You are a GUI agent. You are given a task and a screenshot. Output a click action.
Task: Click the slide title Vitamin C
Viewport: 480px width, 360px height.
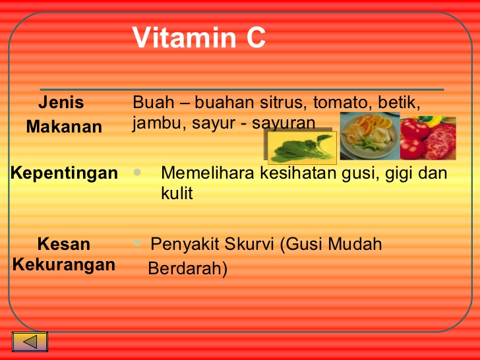point(199,38)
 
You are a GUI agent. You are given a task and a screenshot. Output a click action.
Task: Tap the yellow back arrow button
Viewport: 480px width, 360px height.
point(30,342)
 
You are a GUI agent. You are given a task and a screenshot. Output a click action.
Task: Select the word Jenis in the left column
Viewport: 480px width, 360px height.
point(61,102)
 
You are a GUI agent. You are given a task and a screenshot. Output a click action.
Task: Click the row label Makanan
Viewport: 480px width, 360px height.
point(64,127)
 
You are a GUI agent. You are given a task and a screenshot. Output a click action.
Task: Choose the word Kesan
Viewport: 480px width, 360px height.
point(64,244)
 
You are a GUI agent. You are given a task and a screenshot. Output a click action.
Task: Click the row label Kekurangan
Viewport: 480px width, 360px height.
point(64,265)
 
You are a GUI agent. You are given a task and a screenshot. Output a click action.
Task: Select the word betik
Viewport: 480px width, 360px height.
point(399,102)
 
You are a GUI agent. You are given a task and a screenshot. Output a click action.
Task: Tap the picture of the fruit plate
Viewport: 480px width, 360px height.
point(370,136)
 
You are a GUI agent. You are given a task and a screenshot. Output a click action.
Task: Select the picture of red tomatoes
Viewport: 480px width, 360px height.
point(428,138)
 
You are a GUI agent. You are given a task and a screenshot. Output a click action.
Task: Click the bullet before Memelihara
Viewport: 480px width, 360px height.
point(137,172)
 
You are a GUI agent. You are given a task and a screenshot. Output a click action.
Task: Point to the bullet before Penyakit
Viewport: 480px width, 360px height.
point(137,243)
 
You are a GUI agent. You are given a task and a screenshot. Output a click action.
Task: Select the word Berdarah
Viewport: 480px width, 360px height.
point(188,268)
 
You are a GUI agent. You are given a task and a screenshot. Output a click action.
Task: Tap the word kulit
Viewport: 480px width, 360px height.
point(177,193)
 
